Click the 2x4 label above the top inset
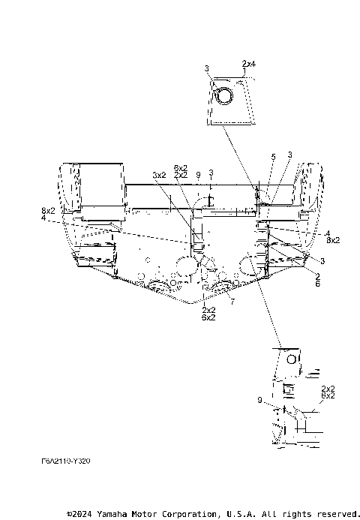249,65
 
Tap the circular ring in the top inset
223,96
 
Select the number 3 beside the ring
207,69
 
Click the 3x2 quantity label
159,175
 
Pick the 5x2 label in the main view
181,167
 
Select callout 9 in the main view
197,175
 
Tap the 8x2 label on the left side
48,212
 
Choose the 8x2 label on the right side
333,240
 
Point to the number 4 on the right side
328,233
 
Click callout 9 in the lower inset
259,401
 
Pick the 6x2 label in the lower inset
328,395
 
